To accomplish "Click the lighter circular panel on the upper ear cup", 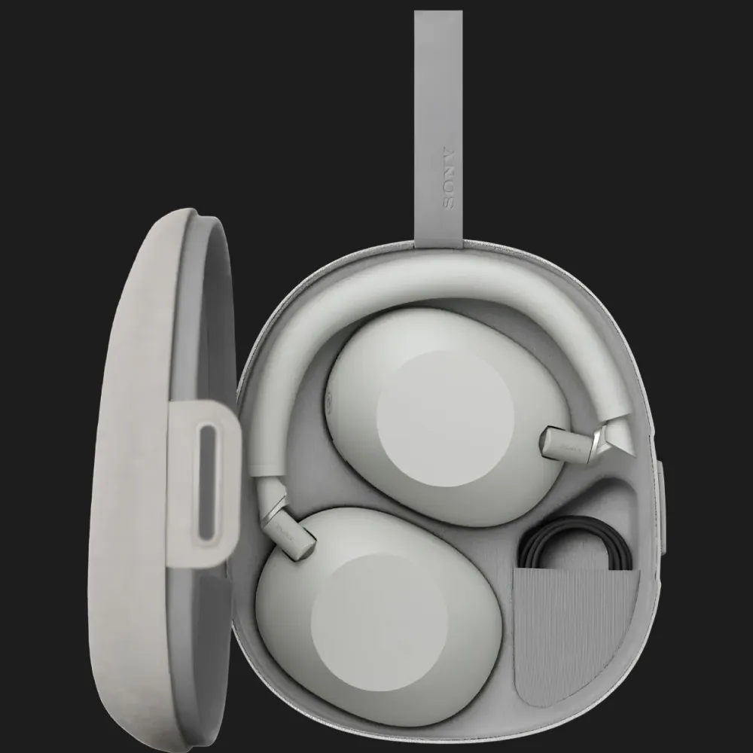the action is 445,418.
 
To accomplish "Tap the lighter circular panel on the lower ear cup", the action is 380,625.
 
